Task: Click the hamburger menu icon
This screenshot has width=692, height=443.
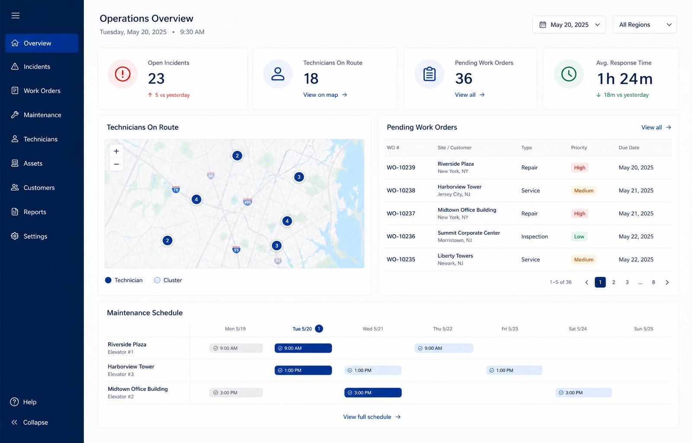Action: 16,16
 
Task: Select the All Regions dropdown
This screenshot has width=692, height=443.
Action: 645,25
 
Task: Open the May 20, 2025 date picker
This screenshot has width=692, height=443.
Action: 569,25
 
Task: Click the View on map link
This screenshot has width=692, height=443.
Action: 325,95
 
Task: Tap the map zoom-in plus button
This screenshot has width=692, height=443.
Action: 116,151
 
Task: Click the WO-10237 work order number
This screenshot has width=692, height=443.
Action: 400,213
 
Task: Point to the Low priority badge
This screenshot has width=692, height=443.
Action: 579,236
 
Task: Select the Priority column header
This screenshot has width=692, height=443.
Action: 579,148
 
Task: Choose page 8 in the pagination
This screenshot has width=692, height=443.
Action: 654,282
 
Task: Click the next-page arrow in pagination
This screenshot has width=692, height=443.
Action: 667,282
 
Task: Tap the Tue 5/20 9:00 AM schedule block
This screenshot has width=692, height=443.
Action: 303,348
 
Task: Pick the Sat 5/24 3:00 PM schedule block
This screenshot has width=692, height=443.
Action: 583,393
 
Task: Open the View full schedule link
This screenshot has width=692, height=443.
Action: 372,417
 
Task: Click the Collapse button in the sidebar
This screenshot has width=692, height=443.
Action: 29,422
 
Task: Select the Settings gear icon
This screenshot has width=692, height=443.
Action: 15,236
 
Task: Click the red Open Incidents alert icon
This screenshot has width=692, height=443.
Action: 122,74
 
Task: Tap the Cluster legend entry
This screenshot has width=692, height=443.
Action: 168,280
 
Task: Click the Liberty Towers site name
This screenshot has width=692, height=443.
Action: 455,256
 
